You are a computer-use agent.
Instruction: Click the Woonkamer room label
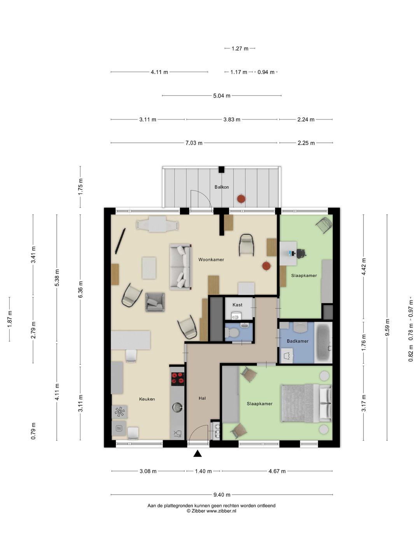pos(211,260)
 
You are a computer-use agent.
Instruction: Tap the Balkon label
pos(222,187)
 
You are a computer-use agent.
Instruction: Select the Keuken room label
pos(147,399)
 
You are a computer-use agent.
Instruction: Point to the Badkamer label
pos(297,341)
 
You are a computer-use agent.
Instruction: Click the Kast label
pos(237,305)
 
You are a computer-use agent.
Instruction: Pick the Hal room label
pos(202,398)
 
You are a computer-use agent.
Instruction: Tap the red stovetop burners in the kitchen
pos(178,378)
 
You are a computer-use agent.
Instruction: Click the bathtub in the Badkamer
pos(323,342)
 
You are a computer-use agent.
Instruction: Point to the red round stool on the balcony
pos(241,199)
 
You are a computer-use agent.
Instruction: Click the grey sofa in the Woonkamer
pos(180,267)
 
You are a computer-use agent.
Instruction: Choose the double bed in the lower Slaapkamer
pos(306,403)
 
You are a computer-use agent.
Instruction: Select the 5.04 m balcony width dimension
pos(222,96)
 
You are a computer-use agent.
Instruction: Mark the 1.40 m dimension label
pos(203,471)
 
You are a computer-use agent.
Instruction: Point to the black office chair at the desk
pos(301,253)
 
